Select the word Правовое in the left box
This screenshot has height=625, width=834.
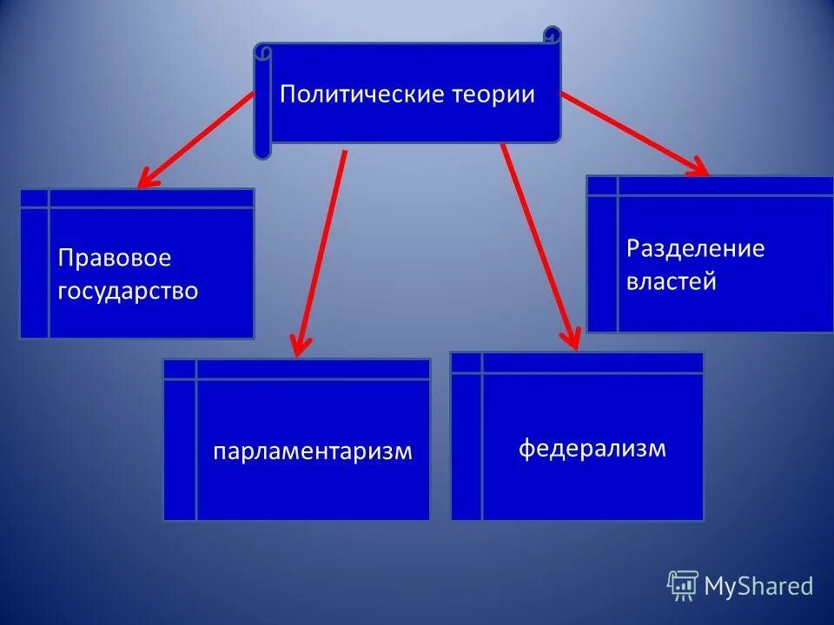pos(115,258)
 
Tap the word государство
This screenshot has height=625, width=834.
pos(128,290)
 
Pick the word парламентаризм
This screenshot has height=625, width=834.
pos(313,451)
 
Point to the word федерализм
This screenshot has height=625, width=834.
pos(592,448)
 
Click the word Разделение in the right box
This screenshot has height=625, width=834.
pos(695,248)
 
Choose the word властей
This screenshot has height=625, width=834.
pos(671,281)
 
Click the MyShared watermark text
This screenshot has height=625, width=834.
pos(758,586)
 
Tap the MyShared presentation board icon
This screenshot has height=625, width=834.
pos(683,585)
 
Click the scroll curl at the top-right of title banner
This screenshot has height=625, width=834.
pos(553,36)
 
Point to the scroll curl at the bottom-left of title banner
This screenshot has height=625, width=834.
pos(262,148)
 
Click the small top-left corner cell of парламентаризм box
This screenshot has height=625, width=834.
pos(180,369)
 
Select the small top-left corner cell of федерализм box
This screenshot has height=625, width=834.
pos(467,362)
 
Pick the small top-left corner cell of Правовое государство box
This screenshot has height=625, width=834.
pos(35,198)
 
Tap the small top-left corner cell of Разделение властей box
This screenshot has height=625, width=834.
pos(602,185)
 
